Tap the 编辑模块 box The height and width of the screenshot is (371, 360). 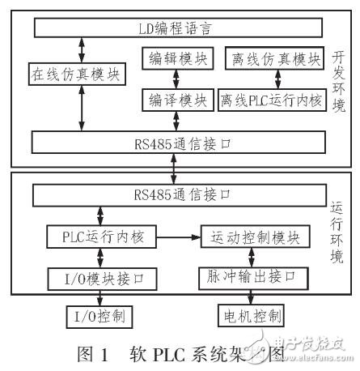click(x=176, y=58)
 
